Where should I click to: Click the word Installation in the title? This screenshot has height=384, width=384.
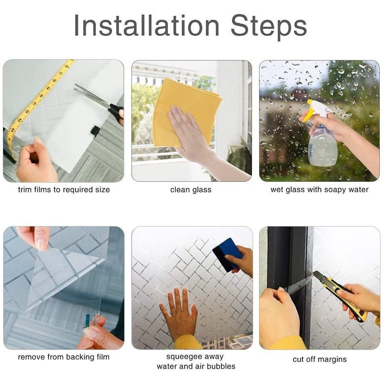tap(147, 25)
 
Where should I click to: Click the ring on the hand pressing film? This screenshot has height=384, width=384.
tap(173, 312)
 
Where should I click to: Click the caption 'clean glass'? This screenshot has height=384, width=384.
tap(191, 190)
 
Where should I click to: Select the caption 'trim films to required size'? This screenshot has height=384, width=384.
tap(64, 190)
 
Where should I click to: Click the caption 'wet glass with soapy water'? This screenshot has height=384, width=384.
tap(319, 190)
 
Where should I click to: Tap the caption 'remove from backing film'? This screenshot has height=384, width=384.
tap(63, 357)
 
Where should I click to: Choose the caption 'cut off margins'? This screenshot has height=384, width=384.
tap(320, 359)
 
